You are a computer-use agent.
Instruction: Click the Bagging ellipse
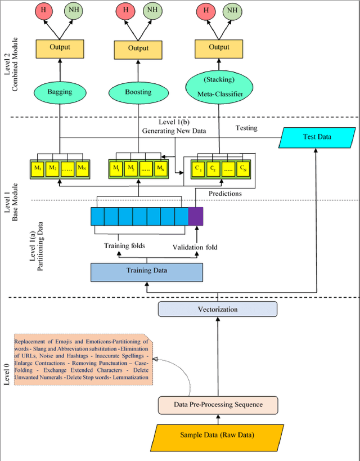point(60,91)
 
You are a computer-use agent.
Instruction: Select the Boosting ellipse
point(138,91)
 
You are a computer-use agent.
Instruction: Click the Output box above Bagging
point(60,48)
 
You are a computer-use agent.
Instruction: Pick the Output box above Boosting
point(138,48)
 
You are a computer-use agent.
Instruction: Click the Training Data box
point(147,271)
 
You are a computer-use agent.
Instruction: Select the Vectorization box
point(218,309)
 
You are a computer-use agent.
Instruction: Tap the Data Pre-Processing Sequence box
point(218,405)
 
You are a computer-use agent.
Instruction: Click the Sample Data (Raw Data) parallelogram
point(218,435)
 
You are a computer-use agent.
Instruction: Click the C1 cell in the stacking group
point(197,168)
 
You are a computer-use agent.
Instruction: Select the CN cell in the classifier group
point(243,168)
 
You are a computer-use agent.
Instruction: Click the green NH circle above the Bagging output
point(73,10)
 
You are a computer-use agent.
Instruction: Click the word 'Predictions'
point(225,193)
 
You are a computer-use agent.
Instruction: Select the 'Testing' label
point(246,128)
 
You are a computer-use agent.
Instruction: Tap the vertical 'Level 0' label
point(7,374)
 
